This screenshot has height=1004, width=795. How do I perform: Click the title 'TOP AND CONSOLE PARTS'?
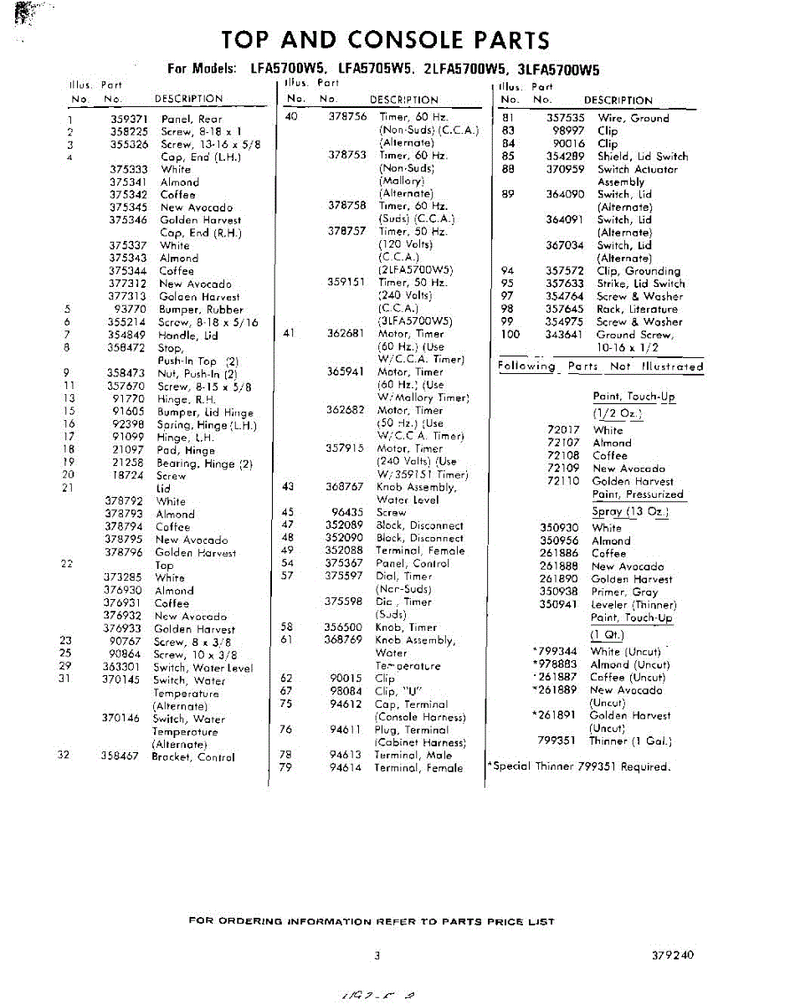(x=386, y=40)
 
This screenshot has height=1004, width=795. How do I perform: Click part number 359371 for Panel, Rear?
(x=129, y=119)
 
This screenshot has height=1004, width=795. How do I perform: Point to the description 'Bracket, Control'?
(x=193, y=757)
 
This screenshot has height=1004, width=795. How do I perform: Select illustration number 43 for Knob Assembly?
(x=288, y=487)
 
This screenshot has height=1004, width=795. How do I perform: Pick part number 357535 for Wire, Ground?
(x=565, y=118)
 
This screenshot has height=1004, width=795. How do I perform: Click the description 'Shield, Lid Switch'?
(x=643, y=156)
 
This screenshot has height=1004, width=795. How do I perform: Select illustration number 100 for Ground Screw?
(x=510, y=335)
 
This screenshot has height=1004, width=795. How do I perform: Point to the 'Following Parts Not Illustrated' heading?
(x=600, y=366)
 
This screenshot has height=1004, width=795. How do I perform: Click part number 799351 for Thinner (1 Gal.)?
(x=558, y=740)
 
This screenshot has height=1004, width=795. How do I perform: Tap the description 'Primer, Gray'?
(x=624, y=592)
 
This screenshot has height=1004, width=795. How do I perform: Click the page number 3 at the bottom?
(x=377, y=955)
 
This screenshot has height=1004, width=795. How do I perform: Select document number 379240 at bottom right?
(x=671, y=955)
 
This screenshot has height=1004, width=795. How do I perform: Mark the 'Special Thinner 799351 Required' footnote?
(x=578, y=766)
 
